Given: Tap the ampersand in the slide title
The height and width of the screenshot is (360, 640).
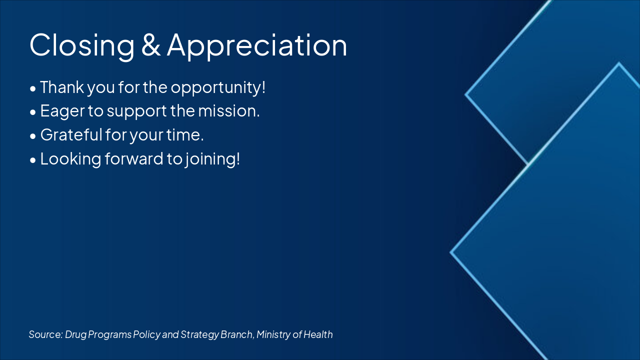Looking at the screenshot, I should tap(150, 45).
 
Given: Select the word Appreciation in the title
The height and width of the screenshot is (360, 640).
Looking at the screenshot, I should tap(257, 45).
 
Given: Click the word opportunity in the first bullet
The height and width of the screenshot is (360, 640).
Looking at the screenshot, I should tap(217, 87).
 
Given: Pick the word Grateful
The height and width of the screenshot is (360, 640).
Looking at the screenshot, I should tap(71, 135).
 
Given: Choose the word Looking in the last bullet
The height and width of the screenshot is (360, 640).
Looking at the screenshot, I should tap(71, 159).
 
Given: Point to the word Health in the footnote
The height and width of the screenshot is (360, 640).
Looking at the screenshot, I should tap(318, 334).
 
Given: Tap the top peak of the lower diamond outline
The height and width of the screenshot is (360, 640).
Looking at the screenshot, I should tap(619, 63).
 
